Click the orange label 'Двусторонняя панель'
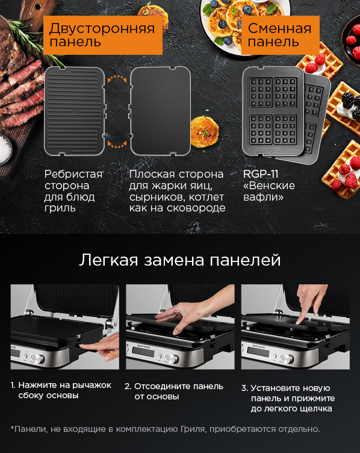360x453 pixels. (103, 35)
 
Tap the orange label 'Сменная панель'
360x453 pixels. (281, 35)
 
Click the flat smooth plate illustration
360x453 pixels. (160, 111)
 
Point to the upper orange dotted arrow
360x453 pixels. (117, 78)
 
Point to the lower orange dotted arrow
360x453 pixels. (117, 145)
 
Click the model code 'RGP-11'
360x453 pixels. (261, 174)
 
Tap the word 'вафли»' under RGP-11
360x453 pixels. (264, 197)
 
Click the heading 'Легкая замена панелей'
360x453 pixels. (179, 260)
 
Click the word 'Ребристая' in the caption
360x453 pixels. (73, 174)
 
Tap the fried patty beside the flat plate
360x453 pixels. (205, 131)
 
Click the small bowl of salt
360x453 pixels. (5, 149)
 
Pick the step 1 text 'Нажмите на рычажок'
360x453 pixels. (64, 385)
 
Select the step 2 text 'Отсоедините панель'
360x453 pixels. (179, 386)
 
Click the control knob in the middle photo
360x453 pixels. (172, 358)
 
